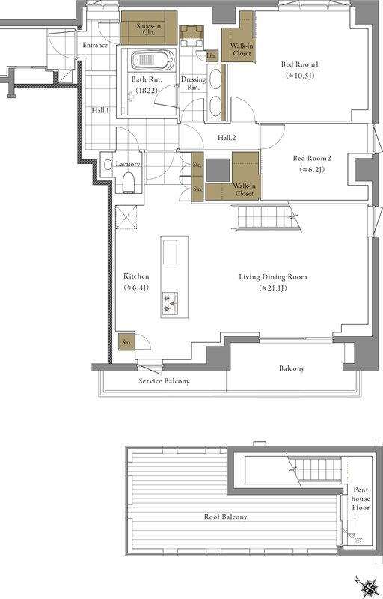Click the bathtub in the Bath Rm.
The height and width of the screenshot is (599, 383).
click(x=153, y=60)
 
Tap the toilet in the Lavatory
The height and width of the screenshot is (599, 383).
click(x=129, y=182)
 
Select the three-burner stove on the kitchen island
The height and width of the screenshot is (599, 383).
click(x=170, y=304)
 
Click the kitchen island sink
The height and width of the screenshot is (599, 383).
click(x=170, y=252)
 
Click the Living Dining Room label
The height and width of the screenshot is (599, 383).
click(x=273, y=276)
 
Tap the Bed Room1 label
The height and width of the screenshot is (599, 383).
click(x=299, y=64)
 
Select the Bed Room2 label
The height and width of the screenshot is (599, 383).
click(x=312, y=158)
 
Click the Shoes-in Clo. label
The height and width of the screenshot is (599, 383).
click(x=148, y=29)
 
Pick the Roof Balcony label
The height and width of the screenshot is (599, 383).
click(x=225, y=517)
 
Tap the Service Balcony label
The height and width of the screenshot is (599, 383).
click(x=164, y=381)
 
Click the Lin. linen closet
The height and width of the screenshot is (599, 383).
click(x=212, y=55)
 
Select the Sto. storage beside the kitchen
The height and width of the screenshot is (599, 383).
click(x=126, y=342)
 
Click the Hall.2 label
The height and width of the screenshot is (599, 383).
click(x=227, y=138)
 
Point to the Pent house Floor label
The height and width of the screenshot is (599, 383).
click(x=361, y=499)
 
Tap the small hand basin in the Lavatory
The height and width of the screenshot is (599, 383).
click(x=108, y=165)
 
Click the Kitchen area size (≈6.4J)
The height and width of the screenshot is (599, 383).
click(x=136, y=288)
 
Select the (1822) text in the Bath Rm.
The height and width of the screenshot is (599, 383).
click(x=147, y=91)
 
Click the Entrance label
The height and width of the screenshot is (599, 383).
click(x=95, y=45)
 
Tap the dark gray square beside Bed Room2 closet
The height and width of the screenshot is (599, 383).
click(x=218, y=171)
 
